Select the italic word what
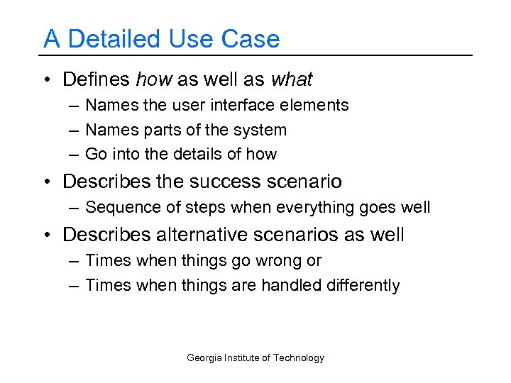290,79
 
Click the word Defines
96,79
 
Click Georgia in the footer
204,358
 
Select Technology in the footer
299,358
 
